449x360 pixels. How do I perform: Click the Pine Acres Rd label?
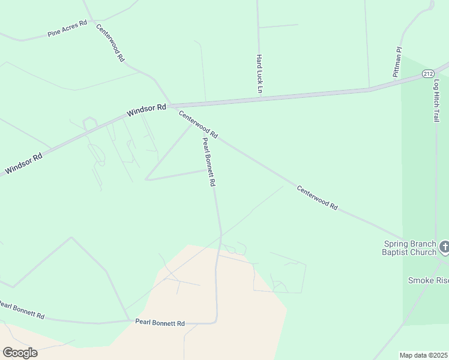(x=67, y=29)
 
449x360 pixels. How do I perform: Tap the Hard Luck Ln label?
(x=260, y=74)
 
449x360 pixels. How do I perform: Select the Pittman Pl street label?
(x=397, y=62)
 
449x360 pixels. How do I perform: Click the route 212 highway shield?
(x=427, y=73)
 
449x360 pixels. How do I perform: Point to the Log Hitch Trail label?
(x=436, y=100)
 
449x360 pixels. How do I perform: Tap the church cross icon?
(x=444, y=246)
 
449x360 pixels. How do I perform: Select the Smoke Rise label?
(x=428, y=280)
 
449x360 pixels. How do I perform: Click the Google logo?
(x=20, y=352)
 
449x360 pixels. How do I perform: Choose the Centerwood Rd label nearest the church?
(x=317, y=197)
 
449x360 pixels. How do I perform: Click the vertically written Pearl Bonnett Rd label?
(x=208, y=162)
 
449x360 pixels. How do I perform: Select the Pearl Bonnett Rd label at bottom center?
(x=160, y=323)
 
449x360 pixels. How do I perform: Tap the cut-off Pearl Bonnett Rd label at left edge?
(x=22, y=310)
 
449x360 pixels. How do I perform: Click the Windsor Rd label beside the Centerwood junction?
(x=146, y=110)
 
